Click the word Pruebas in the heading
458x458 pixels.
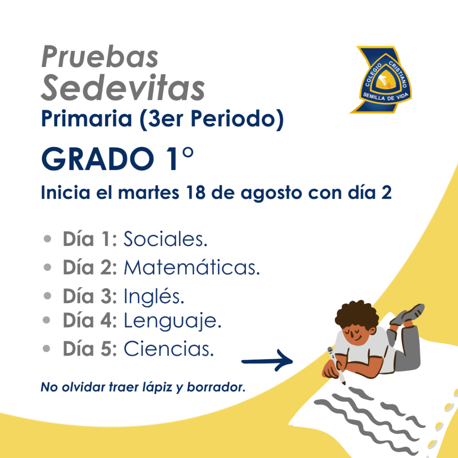100,56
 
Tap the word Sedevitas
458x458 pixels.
123,87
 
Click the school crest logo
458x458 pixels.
381,80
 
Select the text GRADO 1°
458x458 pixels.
118,159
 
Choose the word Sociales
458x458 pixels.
165,239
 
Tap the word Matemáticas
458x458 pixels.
191,267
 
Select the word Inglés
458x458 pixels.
154,296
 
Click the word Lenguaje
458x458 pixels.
172,321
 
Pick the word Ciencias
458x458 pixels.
169,348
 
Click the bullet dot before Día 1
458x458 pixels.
47,239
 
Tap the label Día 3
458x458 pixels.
90,296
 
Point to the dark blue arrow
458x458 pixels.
267,361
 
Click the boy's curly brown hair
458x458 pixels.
357,315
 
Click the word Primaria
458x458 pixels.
86,119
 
